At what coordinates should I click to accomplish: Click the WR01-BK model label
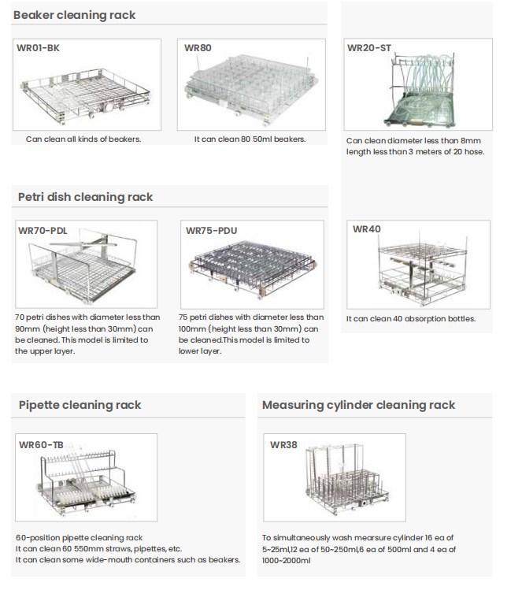[x=38, y=48]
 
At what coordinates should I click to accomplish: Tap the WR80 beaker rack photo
[x=251, y=90]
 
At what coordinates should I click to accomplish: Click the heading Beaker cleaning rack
[x=75, y=15]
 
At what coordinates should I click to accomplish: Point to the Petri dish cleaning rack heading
[x=85, y=197]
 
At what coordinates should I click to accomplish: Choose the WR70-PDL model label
[x=43, y=231]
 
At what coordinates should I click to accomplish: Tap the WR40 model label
[x=367, y=229]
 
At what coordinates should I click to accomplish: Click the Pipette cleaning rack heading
[x=80, y=405]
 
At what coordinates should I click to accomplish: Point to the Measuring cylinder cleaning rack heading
[x=359, y=405]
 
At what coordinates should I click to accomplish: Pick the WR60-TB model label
[x=41, y=445]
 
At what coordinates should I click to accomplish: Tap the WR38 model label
[x=283, y=445]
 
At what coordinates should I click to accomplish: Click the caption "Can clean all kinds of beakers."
[x=83, y=139]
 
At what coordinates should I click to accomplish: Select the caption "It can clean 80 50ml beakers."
[x=250, y=139]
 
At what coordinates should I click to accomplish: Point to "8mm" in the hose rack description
[x=471, y=141]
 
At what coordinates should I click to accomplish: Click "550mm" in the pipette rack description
[x=89, y=548]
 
